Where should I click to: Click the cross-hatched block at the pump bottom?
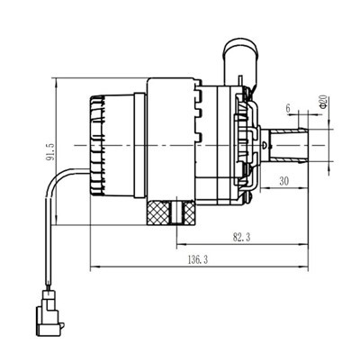click(161, 213)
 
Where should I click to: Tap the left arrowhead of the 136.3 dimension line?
click(93, 267)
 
